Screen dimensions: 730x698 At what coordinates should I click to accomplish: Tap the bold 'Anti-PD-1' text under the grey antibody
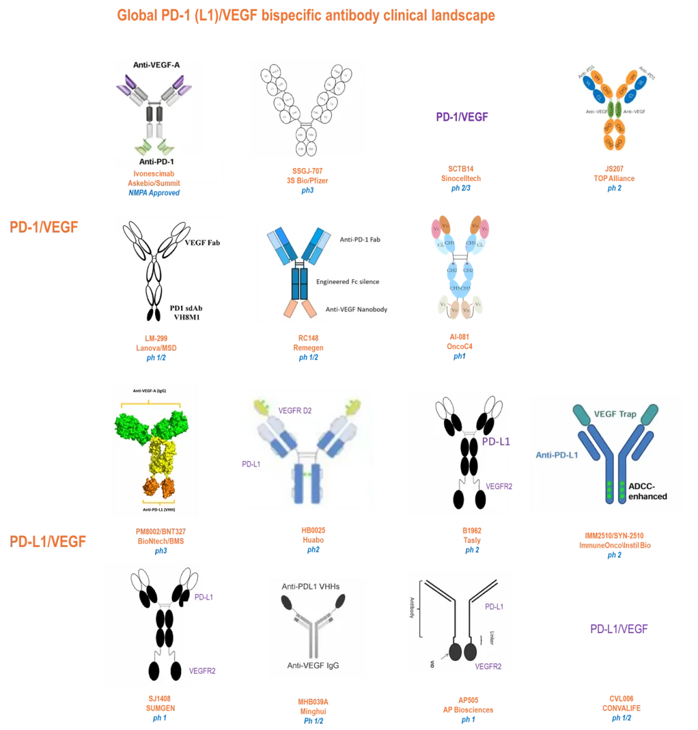160,161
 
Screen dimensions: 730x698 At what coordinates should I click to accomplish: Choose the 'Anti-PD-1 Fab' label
360,240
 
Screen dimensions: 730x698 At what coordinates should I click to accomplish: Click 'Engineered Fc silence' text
348,282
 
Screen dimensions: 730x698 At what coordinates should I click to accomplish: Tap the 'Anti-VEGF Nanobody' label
356,309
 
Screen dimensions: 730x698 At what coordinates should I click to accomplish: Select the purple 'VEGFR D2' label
299,410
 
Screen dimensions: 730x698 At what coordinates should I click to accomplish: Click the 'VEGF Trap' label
615,414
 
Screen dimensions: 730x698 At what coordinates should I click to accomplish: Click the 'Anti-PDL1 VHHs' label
310,586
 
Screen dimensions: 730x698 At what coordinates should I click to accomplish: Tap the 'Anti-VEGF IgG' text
313,665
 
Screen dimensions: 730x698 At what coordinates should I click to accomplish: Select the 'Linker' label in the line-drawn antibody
491,636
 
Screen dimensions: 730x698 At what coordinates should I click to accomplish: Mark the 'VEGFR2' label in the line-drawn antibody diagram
488,666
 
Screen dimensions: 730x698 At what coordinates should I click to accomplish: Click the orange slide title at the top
306,16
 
